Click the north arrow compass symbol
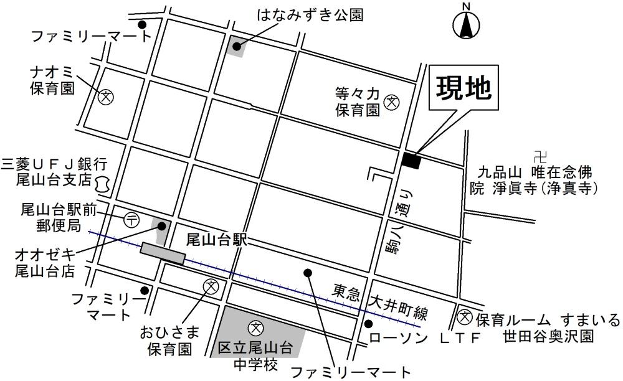pos(465,23)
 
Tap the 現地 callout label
pos(463,88)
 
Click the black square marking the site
pos(411,160)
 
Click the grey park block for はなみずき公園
pos(236,46)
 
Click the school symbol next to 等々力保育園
pos(392,101)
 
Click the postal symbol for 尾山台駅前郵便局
pos(131,219)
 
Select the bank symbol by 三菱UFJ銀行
pos(103,183)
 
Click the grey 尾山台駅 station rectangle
pos(163,253)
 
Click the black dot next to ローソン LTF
pos(368,323)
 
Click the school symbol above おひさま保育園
pos(211,286)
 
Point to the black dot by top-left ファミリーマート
pos(142,25)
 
